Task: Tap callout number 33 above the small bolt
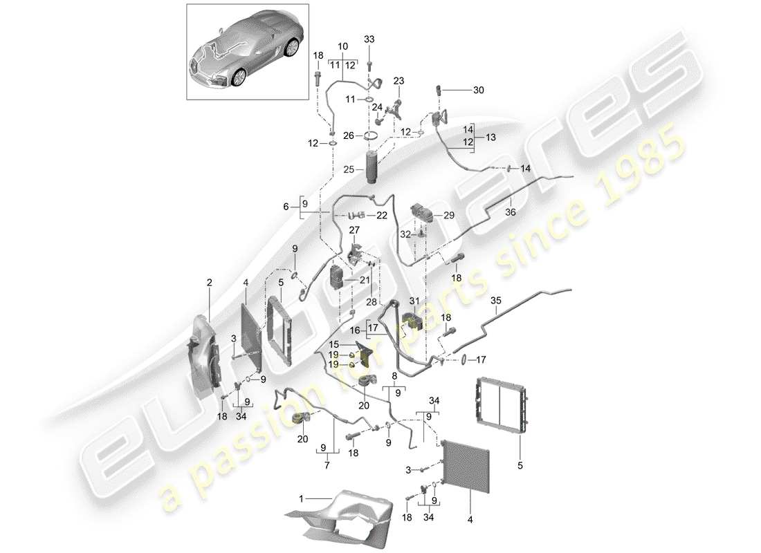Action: (x=369, y=39)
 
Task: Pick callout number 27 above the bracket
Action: (x=355, y=230)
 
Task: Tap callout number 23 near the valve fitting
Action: (x=398, y=80)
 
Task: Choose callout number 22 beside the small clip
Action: (x=381, y=216)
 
